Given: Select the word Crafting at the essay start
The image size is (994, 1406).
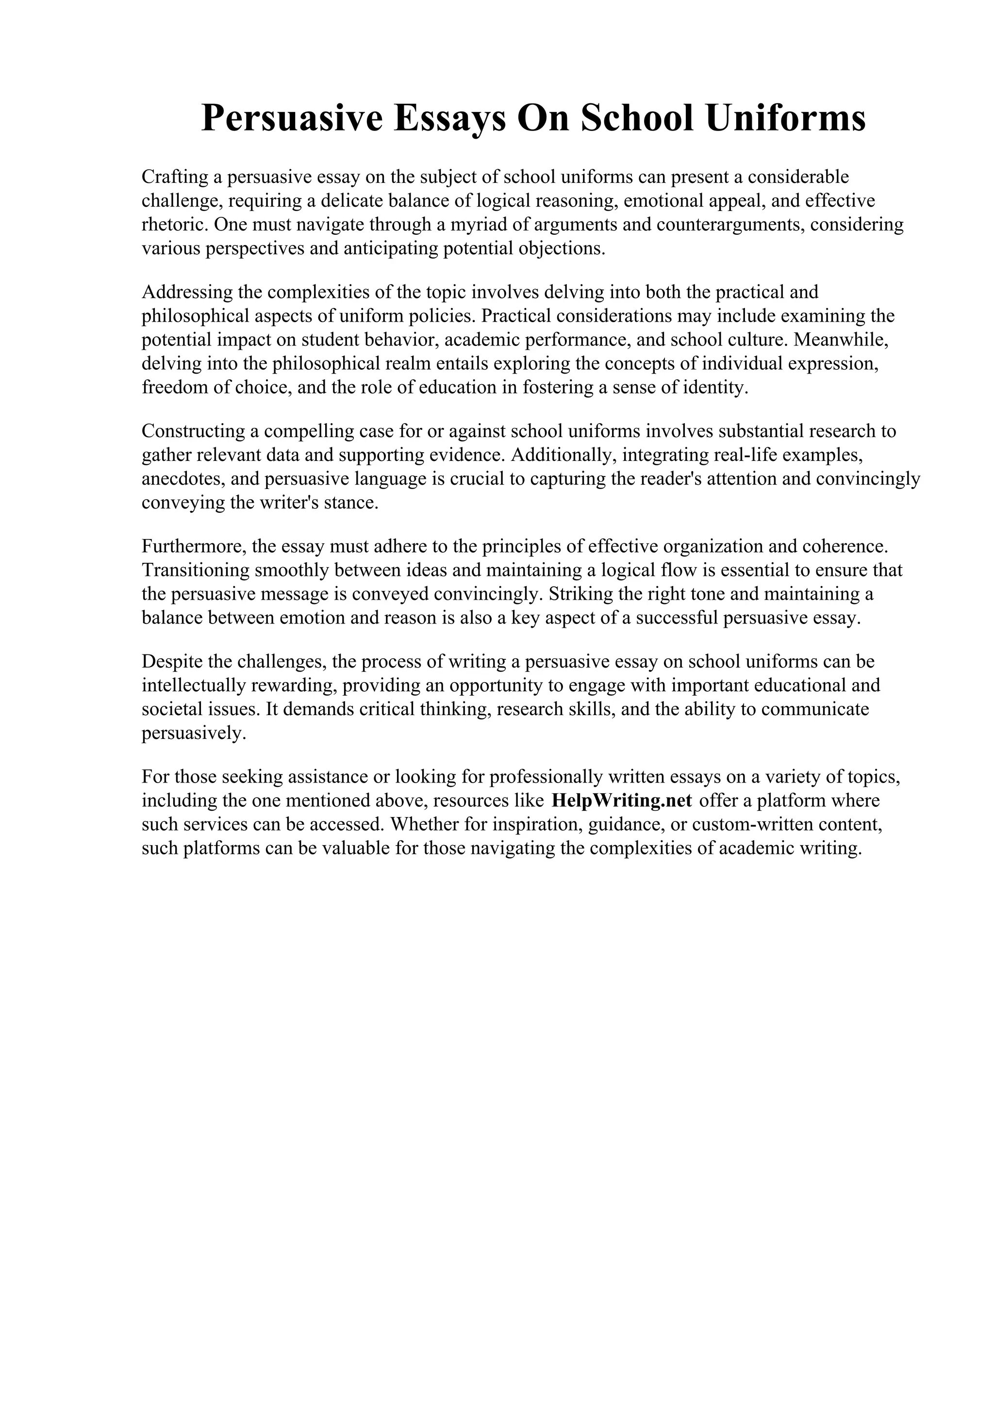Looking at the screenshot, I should click(x=175, y=177).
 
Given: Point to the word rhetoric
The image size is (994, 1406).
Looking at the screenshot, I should click(x=175, y=225).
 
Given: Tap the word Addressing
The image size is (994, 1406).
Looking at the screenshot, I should click(x=187, y=292).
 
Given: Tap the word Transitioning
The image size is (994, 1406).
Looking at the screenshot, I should click(x=195, y=570).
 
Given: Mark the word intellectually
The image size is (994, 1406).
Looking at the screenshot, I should click(x=193, y=686).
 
